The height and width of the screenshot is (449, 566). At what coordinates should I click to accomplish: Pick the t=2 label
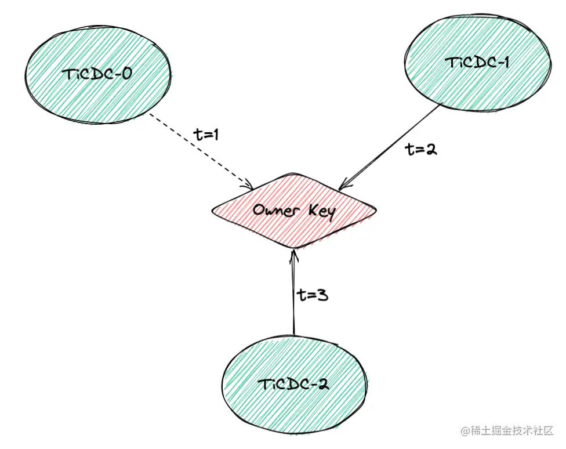coord(421,149)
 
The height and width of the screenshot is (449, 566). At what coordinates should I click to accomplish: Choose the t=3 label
coord(313,295)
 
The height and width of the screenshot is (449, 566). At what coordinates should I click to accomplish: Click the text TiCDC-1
coord(478,62)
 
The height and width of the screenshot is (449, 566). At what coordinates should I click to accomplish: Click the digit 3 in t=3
coord(322,295)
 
